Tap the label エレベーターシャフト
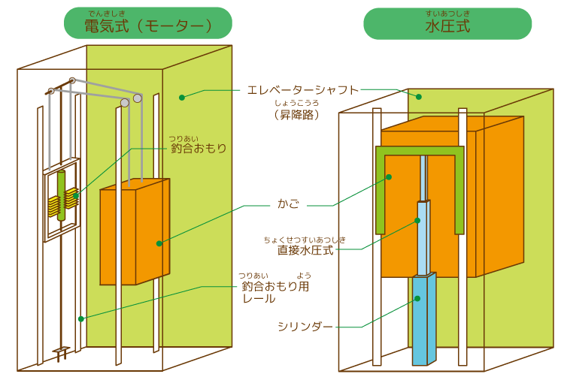303,89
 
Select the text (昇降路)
296,115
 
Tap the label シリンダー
305,327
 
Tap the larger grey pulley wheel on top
138,98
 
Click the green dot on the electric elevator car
159,243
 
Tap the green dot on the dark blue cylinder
417,299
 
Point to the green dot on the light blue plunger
418,221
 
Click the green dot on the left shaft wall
81,318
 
